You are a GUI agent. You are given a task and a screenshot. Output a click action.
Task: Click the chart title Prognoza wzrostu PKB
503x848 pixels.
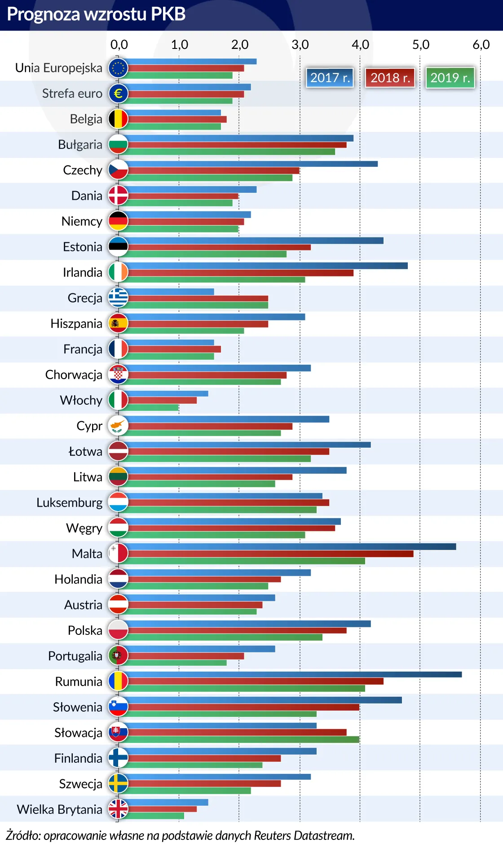96,14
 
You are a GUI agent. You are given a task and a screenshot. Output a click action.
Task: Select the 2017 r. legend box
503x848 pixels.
330,78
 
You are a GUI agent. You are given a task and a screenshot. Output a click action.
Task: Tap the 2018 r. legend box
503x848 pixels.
390,78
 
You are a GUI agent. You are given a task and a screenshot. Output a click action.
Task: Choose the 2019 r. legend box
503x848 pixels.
450,78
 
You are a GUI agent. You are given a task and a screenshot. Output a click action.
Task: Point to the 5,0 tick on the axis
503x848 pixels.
421,44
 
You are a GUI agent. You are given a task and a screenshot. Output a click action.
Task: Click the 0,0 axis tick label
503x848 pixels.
119,44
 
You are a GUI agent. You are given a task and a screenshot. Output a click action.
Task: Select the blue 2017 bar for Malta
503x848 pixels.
292,546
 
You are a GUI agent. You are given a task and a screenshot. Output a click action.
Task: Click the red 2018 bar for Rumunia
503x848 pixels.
256,681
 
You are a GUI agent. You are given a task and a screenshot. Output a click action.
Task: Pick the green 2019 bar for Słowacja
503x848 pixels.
243,739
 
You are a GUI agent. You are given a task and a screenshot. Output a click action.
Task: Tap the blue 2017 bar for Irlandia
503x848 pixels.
267,266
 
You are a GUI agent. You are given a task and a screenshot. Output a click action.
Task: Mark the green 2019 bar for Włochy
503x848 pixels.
153,407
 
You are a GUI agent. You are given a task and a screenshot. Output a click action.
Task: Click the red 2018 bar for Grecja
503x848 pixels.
198,298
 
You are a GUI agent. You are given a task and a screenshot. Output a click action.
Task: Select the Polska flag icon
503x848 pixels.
118,630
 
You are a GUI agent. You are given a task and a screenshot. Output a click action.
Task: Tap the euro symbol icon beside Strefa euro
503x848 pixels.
118,93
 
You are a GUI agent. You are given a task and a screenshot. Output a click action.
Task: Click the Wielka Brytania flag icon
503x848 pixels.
118,809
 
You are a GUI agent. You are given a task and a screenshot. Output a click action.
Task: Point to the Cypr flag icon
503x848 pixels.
118,425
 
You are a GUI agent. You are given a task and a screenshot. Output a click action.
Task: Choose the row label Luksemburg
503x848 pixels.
70,503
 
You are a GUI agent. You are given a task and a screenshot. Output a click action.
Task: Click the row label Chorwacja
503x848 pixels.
74,375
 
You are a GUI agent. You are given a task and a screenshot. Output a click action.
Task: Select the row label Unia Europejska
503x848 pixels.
59,68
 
